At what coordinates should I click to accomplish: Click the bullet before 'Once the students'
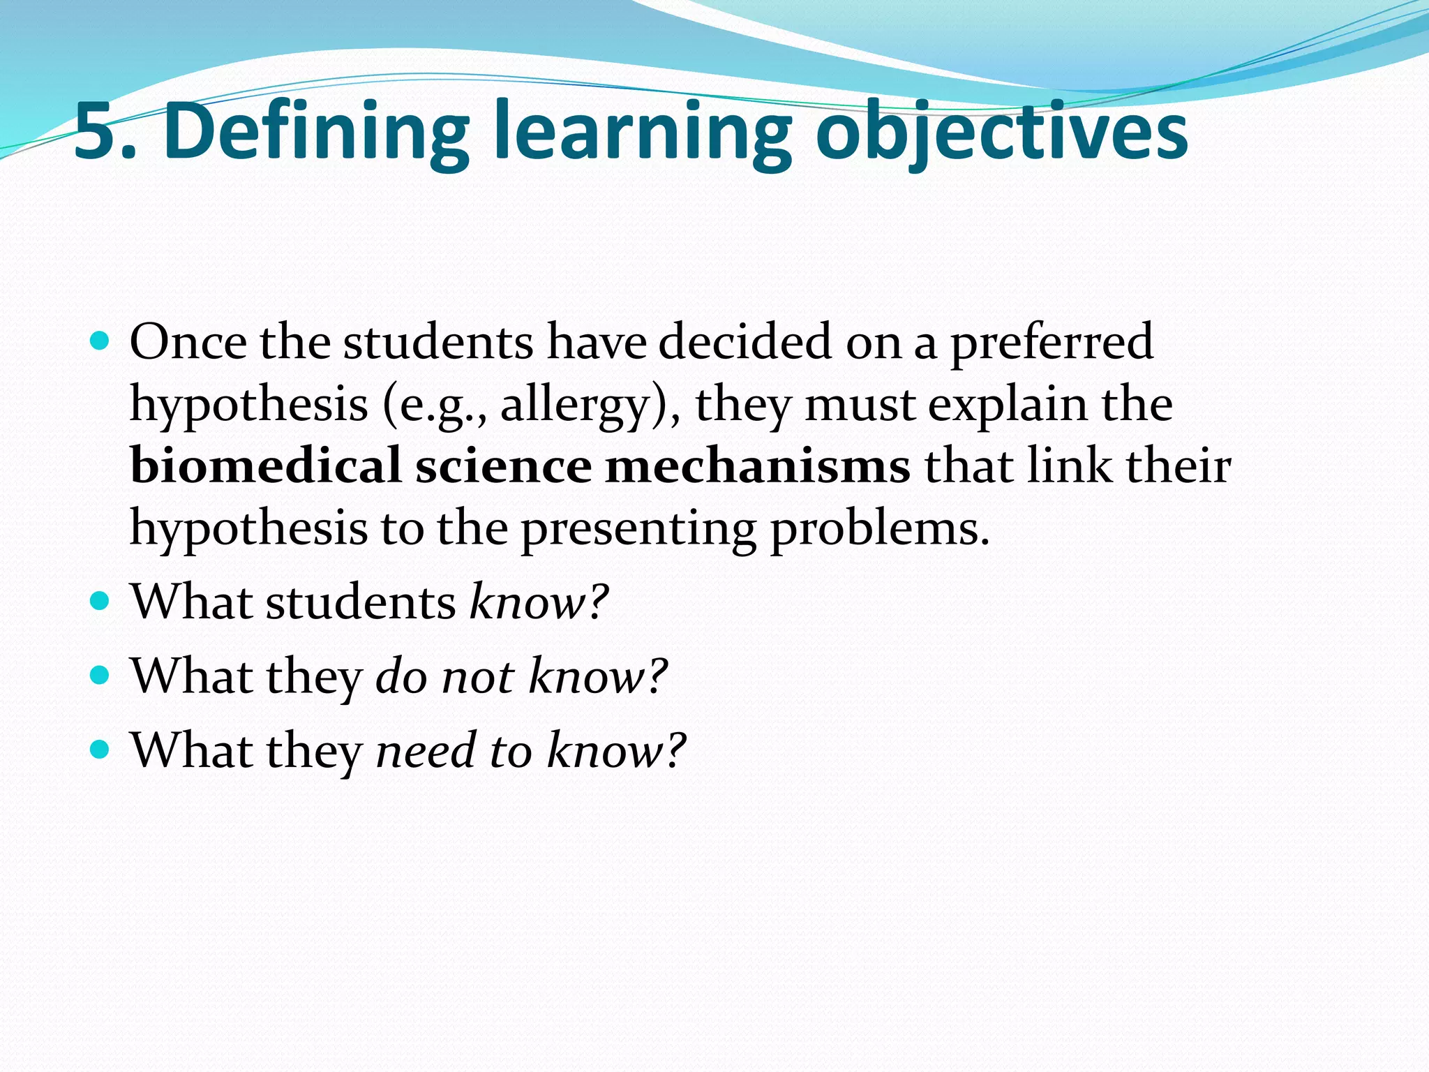(100, 341)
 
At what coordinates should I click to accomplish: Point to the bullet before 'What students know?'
(100, 600)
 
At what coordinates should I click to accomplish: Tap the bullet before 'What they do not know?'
(100, 675)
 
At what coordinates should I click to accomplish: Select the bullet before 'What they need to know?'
(100, 750)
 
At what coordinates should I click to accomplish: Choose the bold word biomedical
(266, 466)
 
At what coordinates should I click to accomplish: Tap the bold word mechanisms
(758, 466)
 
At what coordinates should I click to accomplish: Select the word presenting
(638, 528)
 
